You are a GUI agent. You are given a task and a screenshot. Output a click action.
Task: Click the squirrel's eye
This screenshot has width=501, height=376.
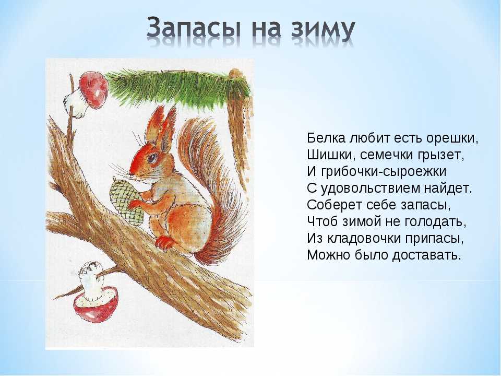click(152, 157)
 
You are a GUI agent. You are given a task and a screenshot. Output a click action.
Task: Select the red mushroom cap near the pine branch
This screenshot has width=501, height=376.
click(93, 89)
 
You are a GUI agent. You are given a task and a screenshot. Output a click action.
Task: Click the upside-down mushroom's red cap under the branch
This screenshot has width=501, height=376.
click(96, 304)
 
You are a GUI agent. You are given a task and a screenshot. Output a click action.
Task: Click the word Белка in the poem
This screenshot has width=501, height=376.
click(326, 138)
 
